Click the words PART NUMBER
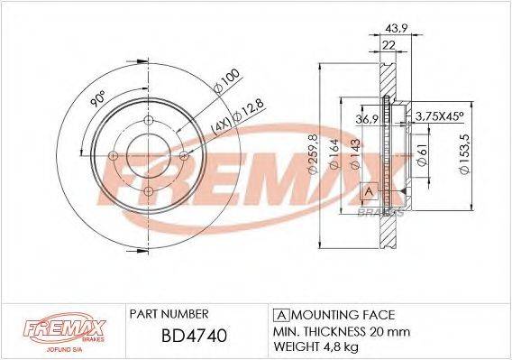click(x=170, y=313)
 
